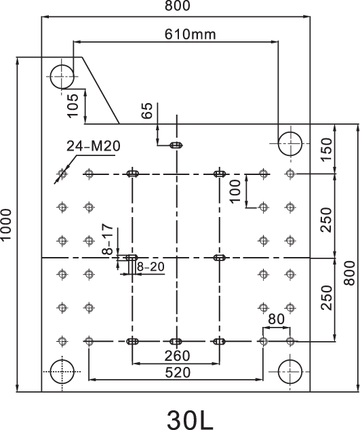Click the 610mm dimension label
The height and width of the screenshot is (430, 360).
pos(190,35)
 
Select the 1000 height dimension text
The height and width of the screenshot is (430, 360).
pos(6,225)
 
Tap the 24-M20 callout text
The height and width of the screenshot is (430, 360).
pos(94,146)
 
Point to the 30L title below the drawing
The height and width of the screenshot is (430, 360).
pos(190,419)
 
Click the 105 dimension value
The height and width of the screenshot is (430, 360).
pos(73,106)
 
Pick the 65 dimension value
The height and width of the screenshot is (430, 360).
pos(147,111)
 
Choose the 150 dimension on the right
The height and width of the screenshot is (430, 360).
pos(326,150)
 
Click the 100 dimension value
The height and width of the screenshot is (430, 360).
pos(235,191)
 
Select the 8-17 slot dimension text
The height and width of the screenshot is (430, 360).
pos(108,239)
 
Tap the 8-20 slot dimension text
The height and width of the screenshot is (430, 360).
pos(151,267)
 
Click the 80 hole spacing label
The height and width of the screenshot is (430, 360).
pos(276,319)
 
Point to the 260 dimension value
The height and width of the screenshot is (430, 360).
pos(177,356)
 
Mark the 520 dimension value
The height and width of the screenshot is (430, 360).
pos(178,372)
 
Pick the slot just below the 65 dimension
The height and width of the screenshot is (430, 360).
pos(176,145)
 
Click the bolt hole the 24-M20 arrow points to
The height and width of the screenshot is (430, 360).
pos(62,174)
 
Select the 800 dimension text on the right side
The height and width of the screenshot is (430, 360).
pos(349,273)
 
